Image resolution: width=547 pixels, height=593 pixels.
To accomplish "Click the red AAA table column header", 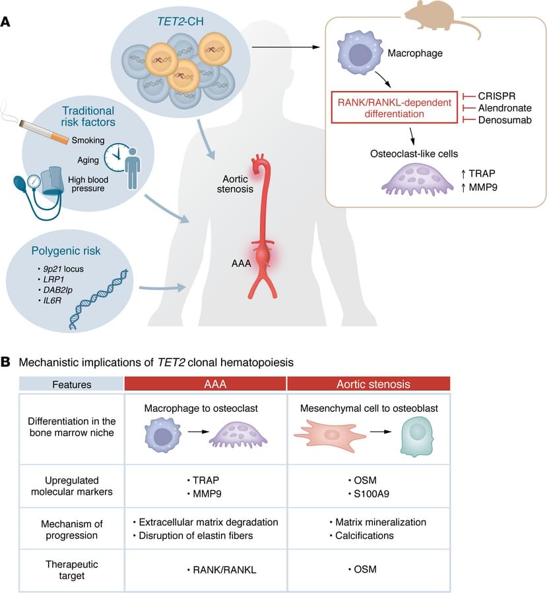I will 205,383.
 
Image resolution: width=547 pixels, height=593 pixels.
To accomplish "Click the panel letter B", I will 6,361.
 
